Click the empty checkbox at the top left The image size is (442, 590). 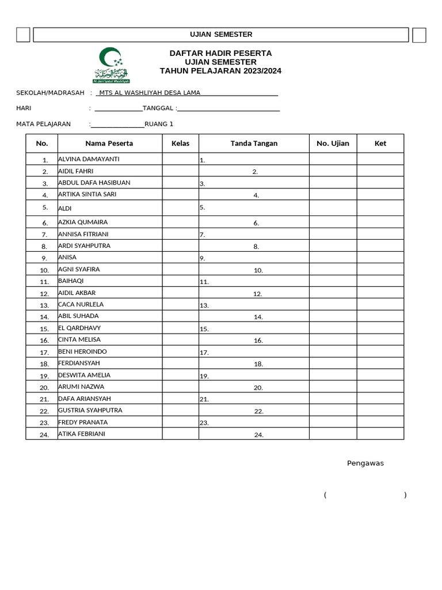pos(23,35)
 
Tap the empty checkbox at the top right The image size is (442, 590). pos(419,35)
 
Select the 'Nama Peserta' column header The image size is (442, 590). pos(109,143)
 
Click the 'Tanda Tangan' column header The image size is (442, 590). pos(254,143)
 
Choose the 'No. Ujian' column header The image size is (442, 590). pos(333,143)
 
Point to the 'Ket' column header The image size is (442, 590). pos(380,143)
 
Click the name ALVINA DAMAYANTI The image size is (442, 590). pos(89,159)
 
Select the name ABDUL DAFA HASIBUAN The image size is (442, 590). pos(94,183)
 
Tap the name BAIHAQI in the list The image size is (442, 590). pos(71,281)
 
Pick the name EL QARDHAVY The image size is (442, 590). pos(79,328)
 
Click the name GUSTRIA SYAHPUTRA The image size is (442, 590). pos(90,410)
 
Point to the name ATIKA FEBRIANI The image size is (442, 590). pos(82,434)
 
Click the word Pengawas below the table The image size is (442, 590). pos(365,463)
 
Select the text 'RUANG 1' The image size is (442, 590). pos(159,124)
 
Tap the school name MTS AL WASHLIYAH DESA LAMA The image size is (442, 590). pos(150,93)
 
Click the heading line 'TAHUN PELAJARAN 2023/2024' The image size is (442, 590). pos(220,71)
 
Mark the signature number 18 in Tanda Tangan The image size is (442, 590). pos(258,364)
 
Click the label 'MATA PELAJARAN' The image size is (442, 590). pos(44,124)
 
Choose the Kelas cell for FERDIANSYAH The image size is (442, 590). pos(180,364)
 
